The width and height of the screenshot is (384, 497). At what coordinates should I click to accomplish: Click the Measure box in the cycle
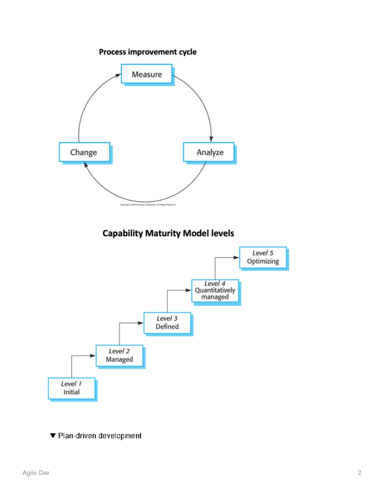click(x=147, y=74)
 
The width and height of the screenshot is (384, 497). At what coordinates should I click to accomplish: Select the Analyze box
click(x=209, y=152)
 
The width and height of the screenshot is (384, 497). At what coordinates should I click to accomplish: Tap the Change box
click(x=84, y=152)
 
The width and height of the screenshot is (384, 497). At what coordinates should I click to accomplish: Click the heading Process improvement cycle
click(x=148, y=52)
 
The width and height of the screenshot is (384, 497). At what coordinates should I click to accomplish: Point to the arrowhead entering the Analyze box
click(x=211, y=139)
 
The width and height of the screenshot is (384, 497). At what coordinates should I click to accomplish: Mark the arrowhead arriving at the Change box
click(x=86, y=165)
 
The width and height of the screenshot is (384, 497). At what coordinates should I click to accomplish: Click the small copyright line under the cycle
click(x=148, y=205)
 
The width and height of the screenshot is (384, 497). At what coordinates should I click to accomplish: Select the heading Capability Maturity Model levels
click(x=168, y=233)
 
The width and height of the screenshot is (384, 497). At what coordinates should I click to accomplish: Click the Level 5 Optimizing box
click(x=263, y=257)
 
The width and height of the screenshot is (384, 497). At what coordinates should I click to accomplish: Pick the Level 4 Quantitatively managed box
click(x=215, y=290)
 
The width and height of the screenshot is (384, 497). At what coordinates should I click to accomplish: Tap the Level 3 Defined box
click(x=167, y=323)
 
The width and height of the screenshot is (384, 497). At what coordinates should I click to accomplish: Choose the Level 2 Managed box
click(x=119, y=356)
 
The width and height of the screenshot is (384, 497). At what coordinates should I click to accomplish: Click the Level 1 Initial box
click(x=72, y=388)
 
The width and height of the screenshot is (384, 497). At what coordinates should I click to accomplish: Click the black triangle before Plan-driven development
click(x=53, y=436)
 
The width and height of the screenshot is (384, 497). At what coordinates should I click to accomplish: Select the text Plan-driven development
click(x=100, y=436)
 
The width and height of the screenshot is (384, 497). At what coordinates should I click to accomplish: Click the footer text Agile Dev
click(x=36, y=473)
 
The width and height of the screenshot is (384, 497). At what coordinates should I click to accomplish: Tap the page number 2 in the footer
click(x=359, y=473)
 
